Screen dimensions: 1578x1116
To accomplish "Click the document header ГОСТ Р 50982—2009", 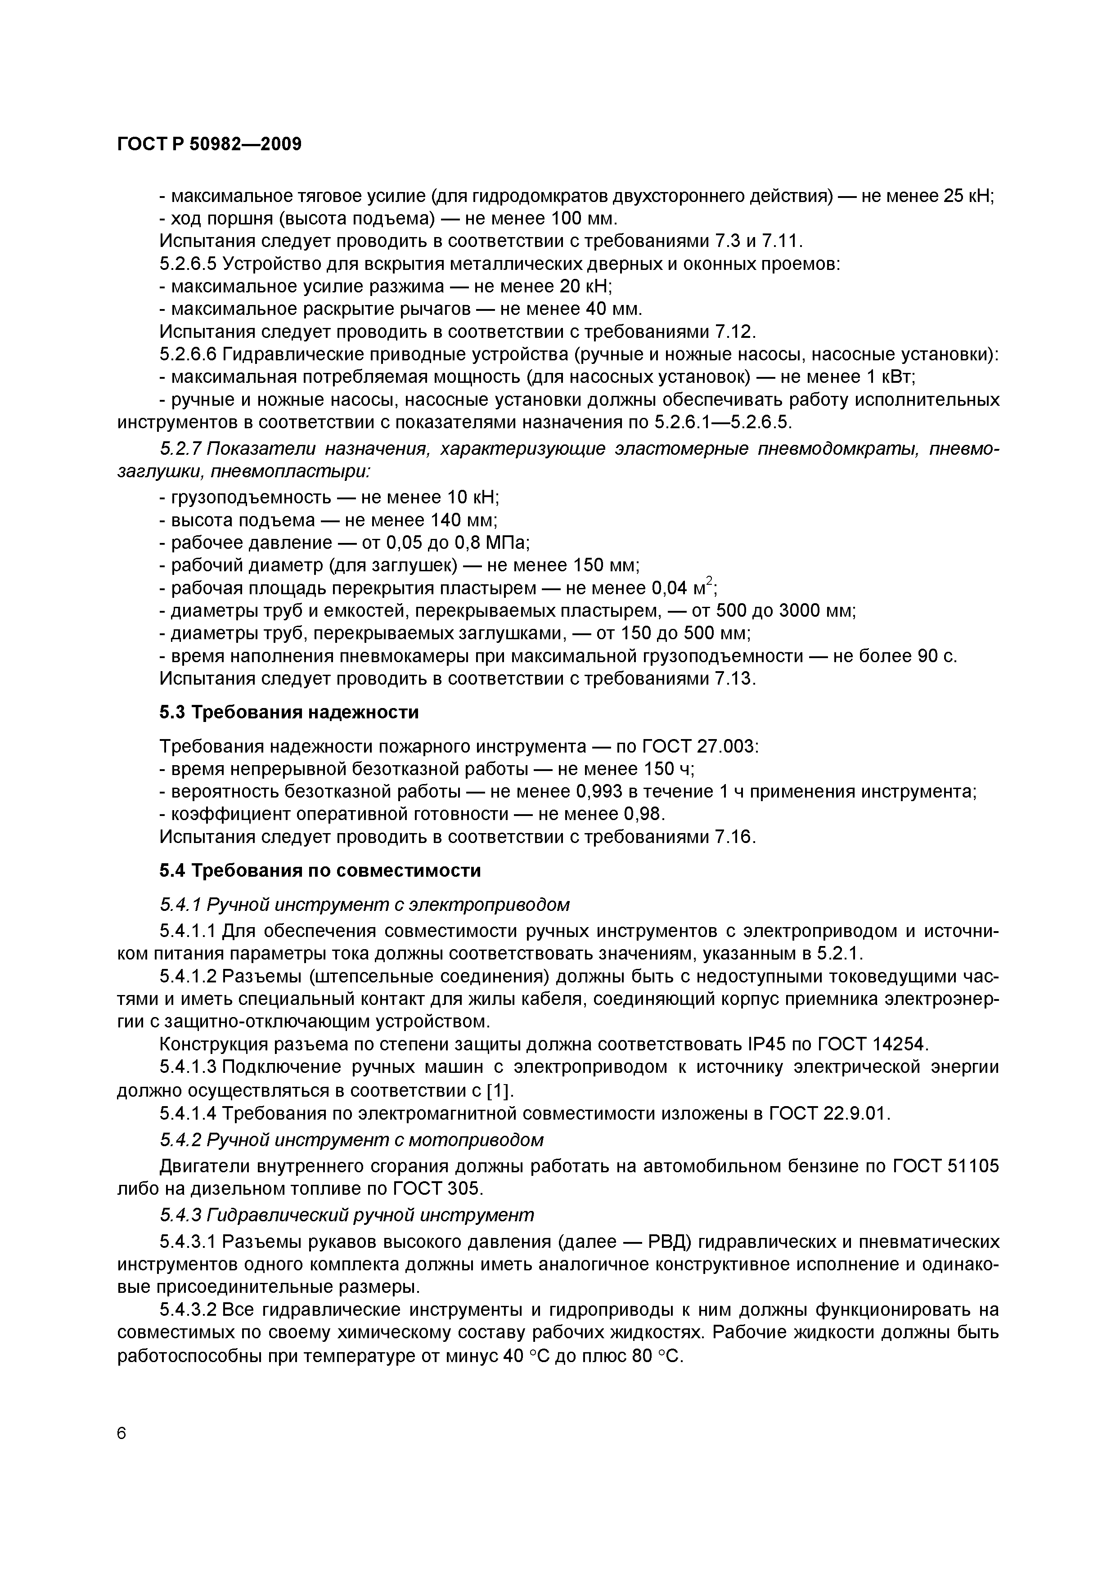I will pos(209,144).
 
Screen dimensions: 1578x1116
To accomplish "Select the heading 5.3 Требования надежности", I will pos(289,712).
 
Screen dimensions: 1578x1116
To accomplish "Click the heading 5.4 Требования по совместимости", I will pos(320,871).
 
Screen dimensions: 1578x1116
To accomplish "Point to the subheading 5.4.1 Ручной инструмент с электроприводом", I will pos(364,905).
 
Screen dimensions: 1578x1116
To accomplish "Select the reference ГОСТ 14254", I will pos(873,1045).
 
